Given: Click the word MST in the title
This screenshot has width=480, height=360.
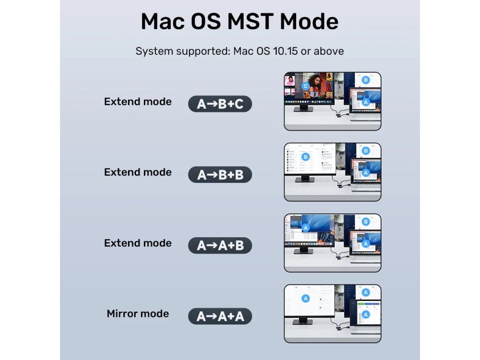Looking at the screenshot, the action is pyautogui.click(x=250, y=22).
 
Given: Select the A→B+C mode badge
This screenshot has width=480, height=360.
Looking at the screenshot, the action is pyautogui.click(x=220, y=104).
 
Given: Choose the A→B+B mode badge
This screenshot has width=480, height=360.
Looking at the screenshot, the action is pyautogui.click(x=220, y=175).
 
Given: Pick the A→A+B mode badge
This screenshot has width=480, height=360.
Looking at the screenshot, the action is pyautogui.click(x=220, y=246).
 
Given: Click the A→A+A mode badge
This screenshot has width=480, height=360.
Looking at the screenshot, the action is pyautogui.click(x=220, y=316).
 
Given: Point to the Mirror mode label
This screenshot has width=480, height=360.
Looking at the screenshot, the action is pyautogui.click(x=138, y=314).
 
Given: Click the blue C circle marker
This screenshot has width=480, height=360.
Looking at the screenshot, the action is pyautogui.click(x=305, y=86).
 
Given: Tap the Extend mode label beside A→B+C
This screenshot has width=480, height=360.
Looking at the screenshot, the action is pyautogui.click(x=138, y=101).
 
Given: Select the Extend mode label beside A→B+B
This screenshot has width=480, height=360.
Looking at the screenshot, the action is pyautogui.click(x=138, y=172).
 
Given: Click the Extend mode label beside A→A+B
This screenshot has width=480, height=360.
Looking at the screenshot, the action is pyautogui.click(x=138, y=243).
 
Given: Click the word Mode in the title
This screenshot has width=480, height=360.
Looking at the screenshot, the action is pyautogui.click(x=309, y=22).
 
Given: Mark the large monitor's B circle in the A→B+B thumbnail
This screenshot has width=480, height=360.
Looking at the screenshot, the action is pyautogui.click(x=305, y=157).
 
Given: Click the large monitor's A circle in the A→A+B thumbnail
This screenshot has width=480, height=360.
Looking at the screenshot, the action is pyautogui.click(x=305, y=228).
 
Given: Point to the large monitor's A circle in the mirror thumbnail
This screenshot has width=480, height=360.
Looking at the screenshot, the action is pyautogui.click(x=305, y=299).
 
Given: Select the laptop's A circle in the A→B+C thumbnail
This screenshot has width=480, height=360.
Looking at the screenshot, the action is pyautogui.click(x=366, y=102).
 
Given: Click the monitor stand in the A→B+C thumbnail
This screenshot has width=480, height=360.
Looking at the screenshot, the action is pyautogui.click(x=303, y=108).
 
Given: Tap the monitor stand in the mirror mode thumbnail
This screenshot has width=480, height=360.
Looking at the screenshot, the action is pyautogui.click(x=303, y=321).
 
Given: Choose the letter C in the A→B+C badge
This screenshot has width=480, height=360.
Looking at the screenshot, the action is pyautogui.click(x=239, y=104).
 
